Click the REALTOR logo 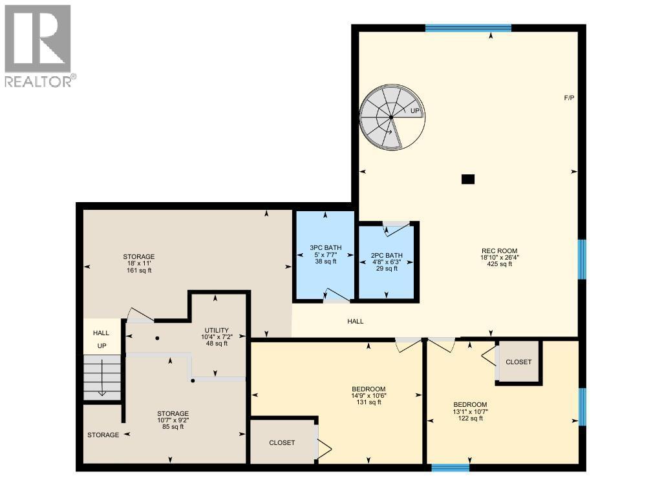pos(39,45)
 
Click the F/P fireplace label pos(569,98)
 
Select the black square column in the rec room pos(468,180)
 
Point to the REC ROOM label pos(500,251)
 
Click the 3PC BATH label pos(325,247)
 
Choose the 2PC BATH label pos(386,255)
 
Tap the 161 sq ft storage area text pos(139,271)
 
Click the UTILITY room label pos(216,330)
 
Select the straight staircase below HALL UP pos(102,378)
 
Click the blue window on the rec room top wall pos(468,28)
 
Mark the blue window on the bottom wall pos(450,467)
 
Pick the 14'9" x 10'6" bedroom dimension pos(368,395)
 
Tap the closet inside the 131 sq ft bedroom pos(282,442)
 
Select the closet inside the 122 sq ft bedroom pos(518,362)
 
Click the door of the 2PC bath pos(396,227)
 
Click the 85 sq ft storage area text pos(173,426)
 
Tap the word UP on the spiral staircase pos(416,111)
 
